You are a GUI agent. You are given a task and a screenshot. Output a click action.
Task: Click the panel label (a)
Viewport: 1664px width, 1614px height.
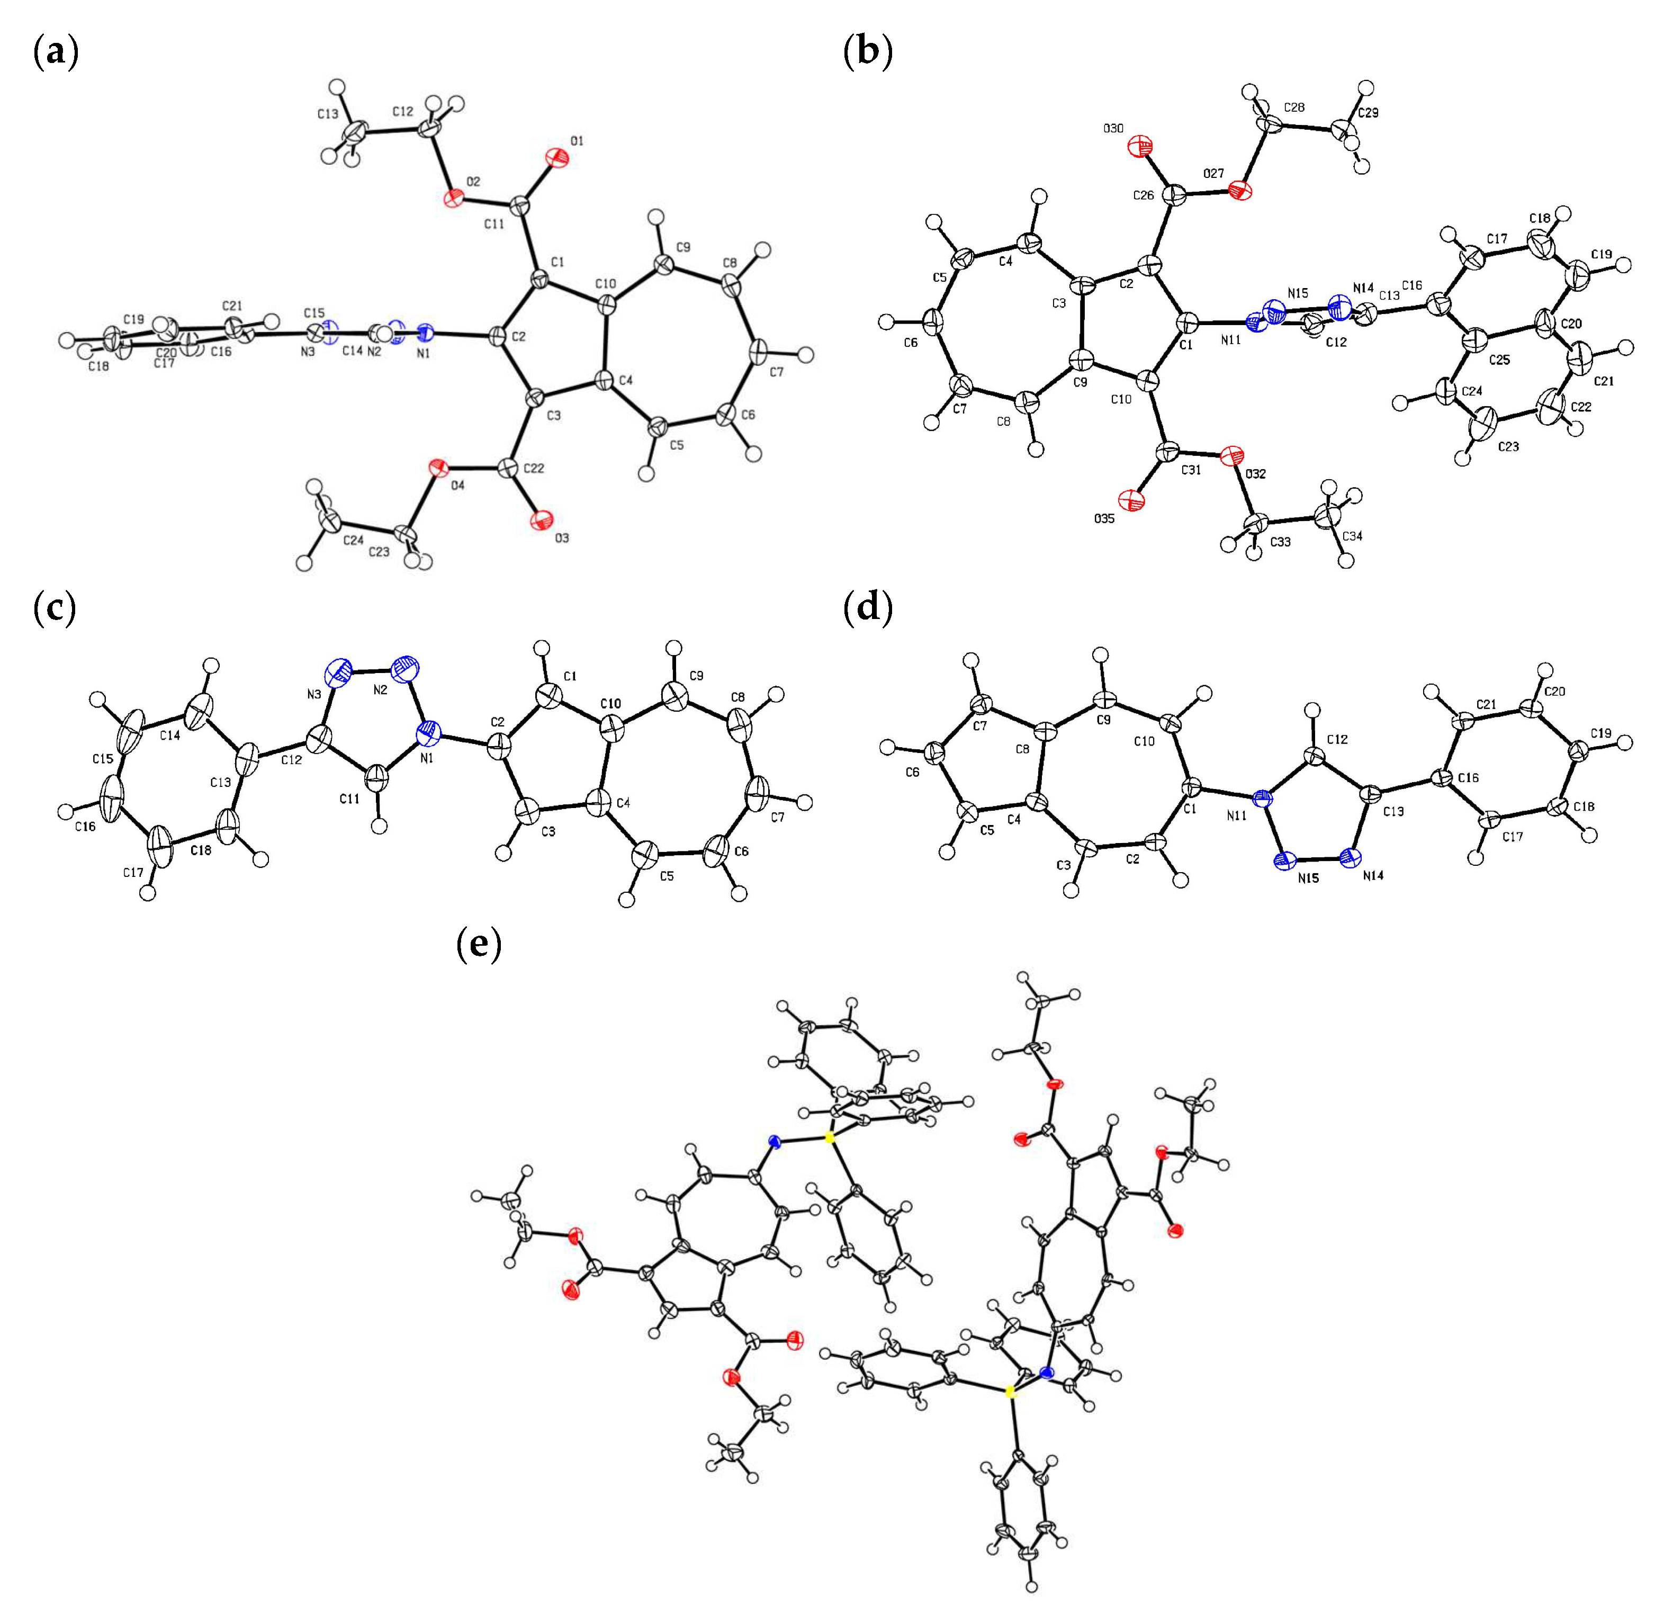click(55, 52)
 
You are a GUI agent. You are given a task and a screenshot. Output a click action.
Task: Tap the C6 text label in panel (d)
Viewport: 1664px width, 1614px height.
click(913, 773)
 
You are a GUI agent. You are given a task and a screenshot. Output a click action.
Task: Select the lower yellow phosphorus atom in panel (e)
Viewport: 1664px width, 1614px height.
click(1010, 1392)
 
